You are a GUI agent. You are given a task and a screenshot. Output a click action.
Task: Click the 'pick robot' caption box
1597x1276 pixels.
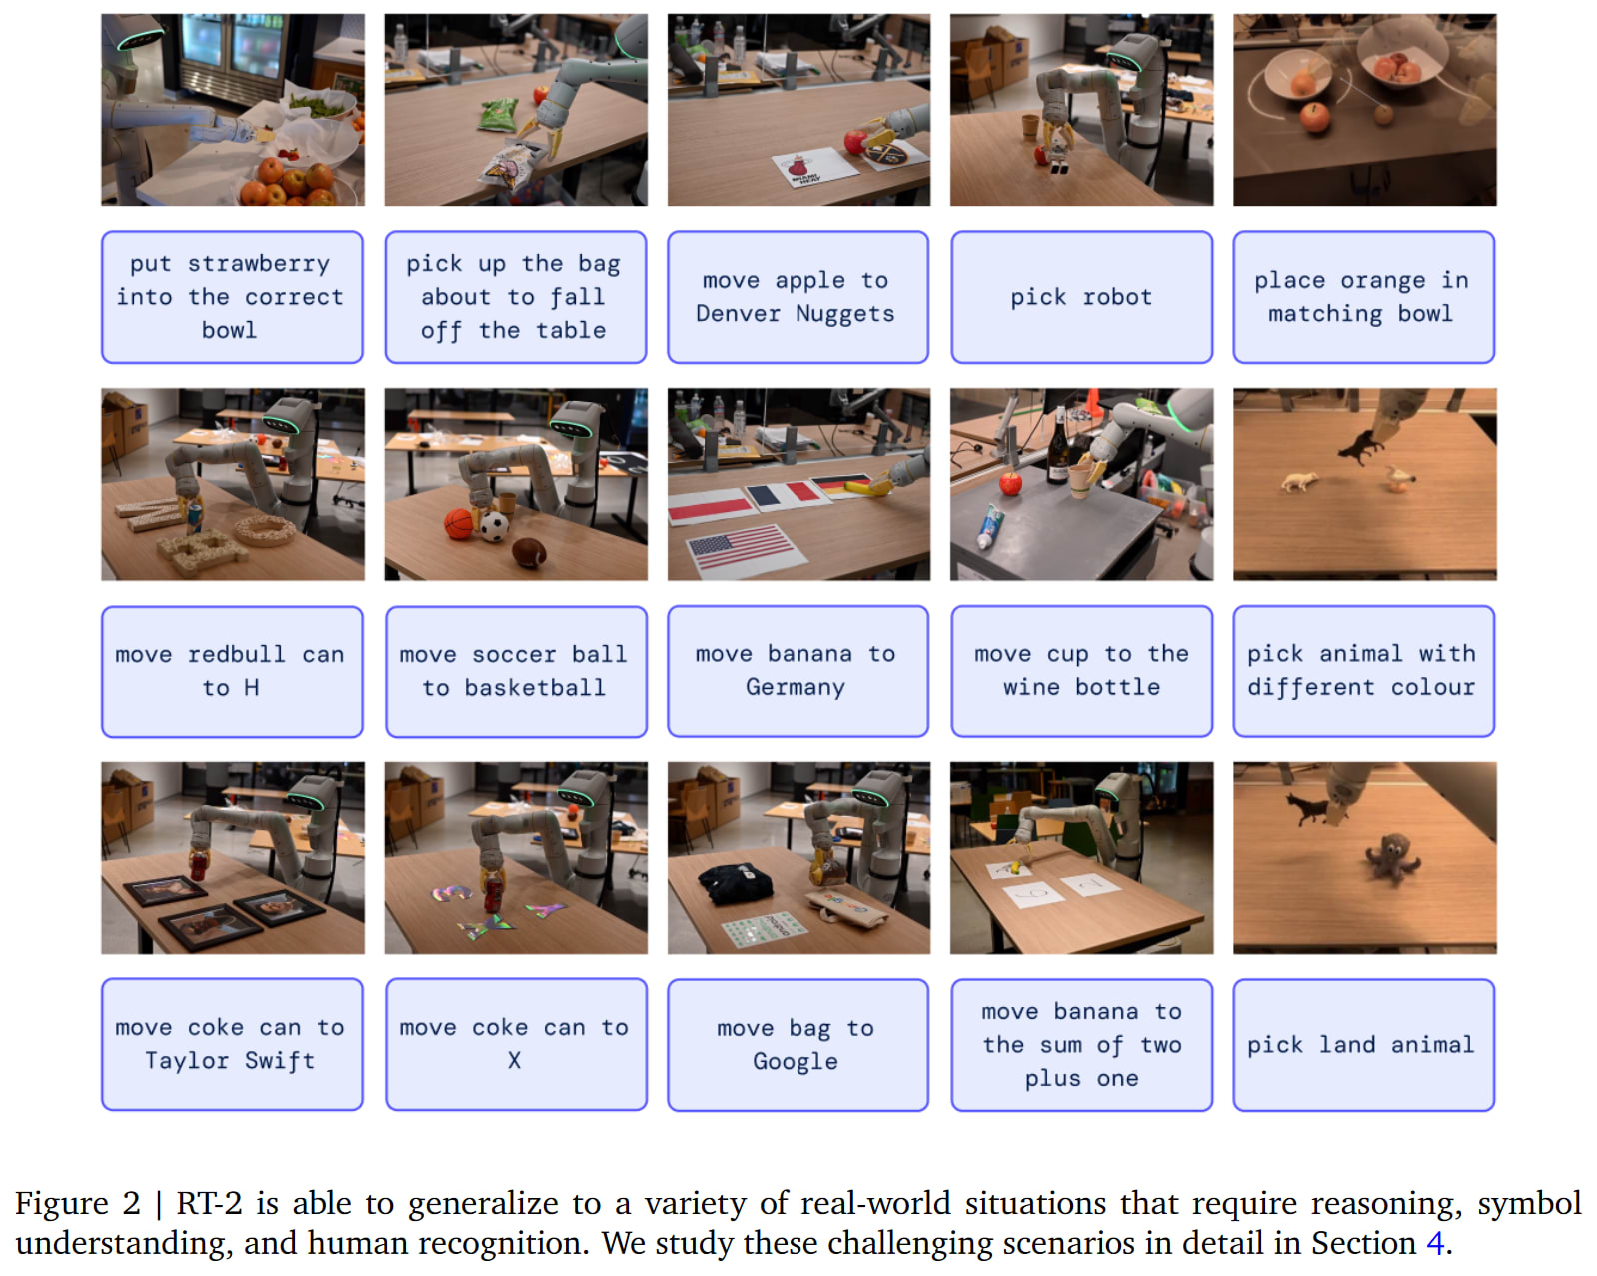(x=1081, y=297)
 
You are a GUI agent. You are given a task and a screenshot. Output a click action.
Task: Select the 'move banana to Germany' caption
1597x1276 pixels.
(x=798, y=670)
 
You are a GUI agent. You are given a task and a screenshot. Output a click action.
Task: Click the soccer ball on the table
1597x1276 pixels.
(x=494, y=525)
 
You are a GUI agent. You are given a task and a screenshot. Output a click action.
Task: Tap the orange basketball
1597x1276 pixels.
(x=459, y=523)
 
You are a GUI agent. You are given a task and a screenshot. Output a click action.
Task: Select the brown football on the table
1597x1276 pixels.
(x=529, y=552)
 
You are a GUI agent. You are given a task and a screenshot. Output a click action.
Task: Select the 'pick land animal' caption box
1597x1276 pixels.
(x=1363, y=1044)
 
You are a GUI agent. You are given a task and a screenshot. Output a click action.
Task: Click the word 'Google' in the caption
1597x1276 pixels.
(x=796, y=1061)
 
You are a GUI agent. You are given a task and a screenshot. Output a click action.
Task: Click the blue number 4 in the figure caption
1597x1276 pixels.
(x=1435, y=1243)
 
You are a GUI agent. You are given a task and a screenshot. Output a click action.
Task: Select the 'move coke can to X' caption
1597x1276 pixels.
(x=516, y=1044)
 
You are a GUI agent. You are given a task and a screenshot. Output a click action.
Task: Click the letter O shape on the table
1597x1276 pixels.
(x=265, y=529)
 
